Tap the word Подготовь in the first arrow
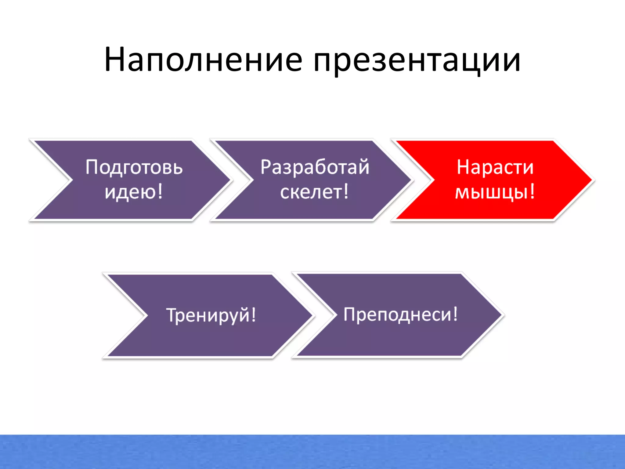[x=134, y=167]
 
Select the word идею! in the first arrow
[x=134, y=192]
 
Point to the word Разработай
[x=315, y=167]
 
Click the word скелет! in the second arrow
[x=314, y=192]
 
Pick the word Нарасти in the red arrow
[x=495, y=167]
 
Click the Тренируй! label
[x=211, y=315]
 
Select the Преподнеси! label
[x=400, y=314]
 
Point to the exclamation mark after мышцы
[x=533, y=191]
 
